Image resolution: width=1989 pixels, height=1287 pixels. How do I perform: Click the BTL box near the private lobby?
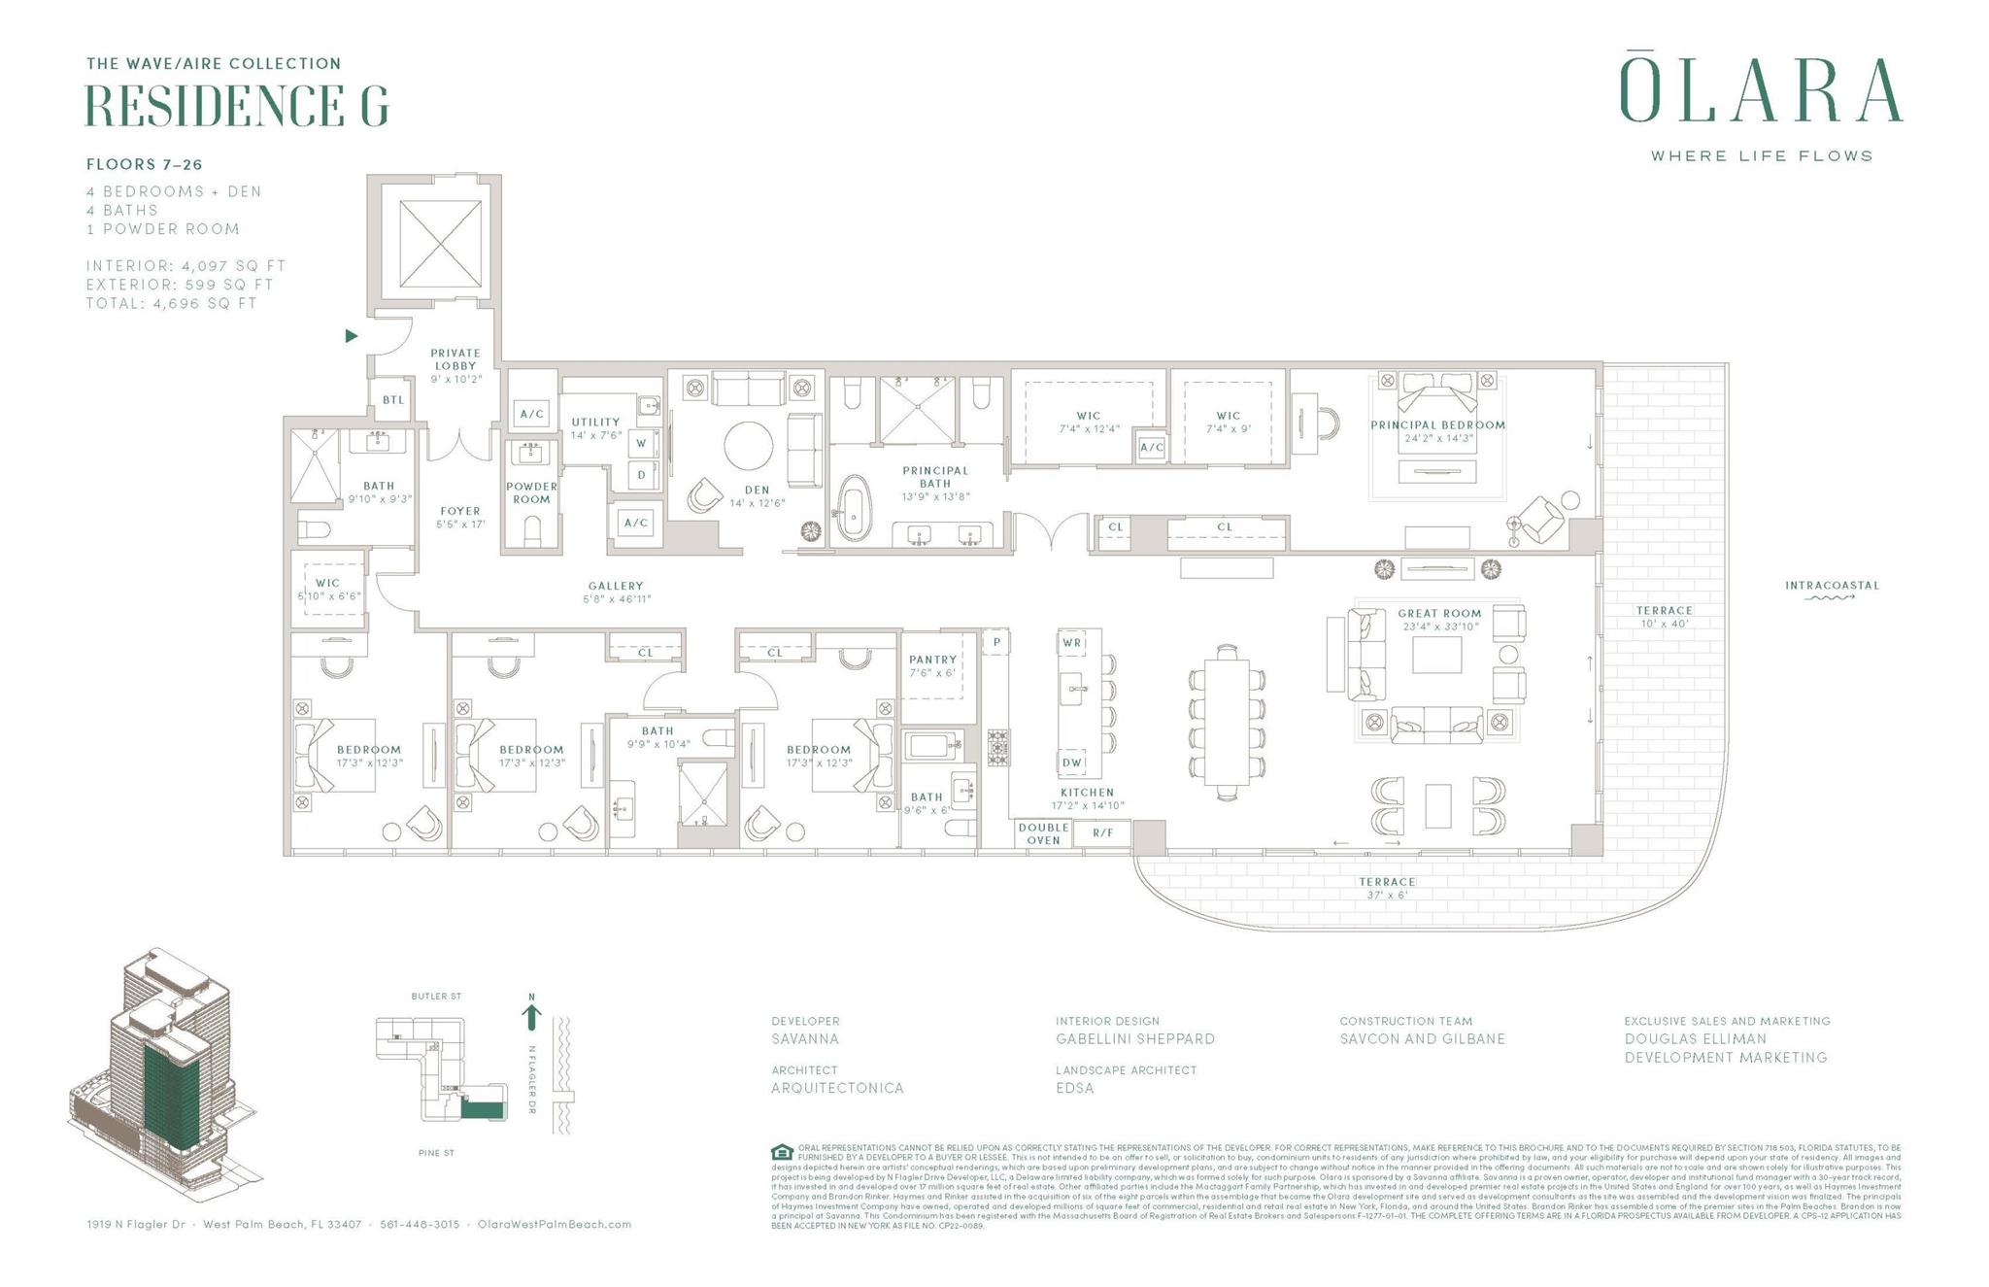pyautogui.click(x=392, y=400)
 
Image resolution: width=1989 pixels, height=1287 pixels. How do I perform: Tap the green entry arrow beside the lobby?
pyautogui.click(x=352, y=336)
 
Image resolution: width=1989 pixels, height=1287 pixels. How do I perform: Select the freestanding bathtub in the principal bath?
pyautogui.click(x=853, y=507)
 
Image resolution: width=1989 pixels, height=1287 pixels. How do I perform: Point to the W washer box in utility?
pyautogui.click(x=642, y=444)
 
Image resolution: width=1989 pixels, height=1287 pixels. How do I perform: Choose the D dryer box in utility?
pyautogui.click(x=642, y=475)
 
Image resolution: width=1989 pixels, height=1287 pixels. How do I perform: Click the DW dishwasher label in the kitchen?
pyautogui.click(x=1071, y=763)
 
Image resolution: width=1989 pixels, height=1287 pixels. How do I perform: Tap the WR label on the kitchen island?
pyautogui.click(x=1071, y=643)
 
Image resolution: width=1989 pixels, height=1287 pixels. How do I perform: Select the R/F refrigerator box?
pyautogui.click(x=1103, y=833)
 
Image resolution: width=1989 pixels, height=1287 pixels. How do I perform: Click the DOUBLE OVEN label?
pyautogui.click(x=1043, y=833)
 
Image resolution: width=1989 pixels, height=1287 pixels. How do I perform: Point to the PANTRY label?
pyautogui.click(x=932, y=660)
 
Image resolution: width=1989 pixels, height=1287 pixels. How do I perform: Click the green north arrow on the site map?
pyautogui.click(x=531, y=1016)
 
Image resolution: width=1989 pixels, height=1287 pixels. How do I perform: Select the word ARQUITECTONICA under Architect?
pyautogui.click(x=837, y=1088)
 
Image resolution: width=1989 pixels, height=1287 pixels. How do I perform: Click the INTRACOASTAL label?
pyautogui.click(x=1832, y=586)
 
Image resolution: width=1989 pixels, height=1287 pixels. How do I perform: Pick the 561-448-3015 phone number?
pyautogui.click(x=420, y=1224)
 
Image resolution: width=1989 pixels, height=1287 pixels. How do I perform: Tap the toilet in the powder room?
pyautogui.click(x=532, y=530)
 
